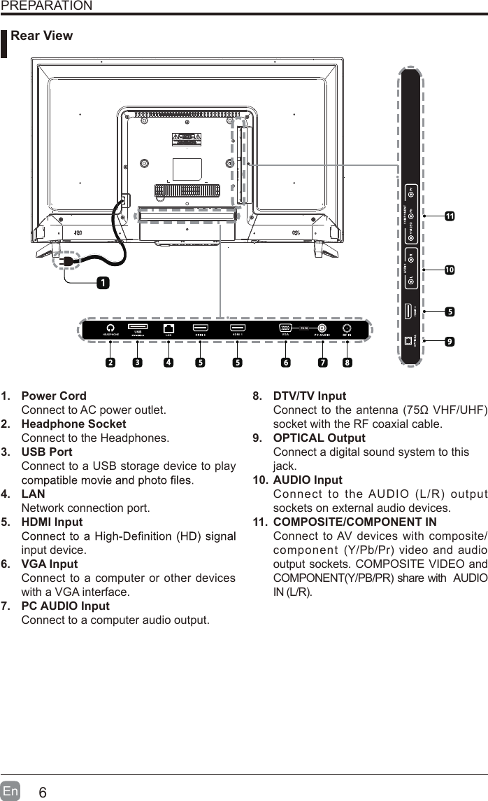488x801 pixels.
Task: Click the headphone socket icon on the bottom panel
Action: point(110,328)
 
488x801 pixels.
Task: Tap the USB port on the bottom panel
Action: point(138,327)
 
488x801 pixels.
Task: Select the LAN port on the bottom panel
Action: point(168,328)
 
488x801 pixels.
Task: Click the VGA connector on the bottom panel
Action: point(285,328)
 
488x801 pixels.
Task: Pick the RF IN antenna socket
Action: point(347,328)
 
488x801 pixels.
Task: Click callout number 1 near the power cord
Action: point(103,283)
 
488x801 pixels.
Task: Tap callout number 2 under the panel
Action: point(110,363)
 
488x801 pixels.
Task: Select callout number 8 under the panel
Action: point(347,363)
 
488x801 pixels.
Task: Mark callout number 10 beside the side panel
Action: point(449,270)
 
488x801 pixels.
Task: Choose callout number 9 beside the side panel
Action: point(449,342)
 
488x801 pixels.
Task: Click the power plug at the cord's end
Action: point(68,262)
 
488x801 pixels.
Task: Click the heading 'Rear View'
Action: point(42,36)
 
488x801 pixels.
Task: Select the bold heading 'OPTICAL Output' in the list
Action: point(319,438)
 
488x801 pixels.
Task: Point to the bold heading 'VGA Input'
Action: point(50,564)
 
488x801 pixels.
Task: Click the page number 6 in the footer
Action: point(43,793)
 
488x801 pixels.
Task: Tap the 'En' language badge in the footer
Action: point(10,792)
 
